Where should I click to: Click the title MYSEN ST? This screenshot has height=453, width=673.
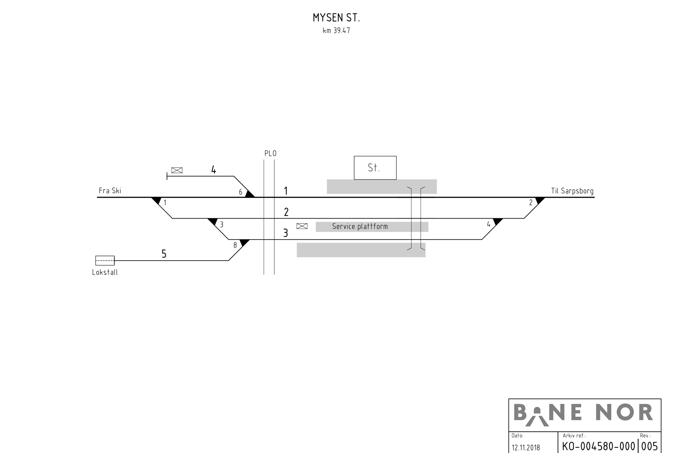[336, 18]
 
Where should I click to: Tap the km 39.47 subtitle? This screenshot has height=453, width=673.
[336, 31]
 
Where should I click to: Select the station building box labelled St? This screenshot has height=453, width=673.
[375, 168]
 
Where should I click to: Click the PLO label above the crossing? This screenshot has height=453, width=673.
[270, 153]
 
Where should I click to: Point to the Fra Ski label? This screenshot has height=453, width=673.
[110, 191]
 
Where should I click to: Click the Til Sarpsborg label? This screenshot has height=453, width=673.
[572, 191]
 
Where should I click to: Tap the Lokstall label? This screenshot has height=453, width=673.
[105, 272]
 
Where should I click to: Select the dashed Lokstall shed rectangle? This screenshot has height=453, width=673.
[105, 261]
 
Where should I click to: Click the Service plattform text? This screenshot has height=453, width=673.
[360, 226]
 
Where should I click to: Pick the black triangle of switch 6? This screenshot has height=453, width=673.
[250, 194]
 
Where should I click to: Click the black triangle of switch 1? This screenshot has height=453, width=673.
[156, 200]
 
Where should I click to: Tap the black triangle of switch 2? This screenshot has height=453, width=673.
[540, 200]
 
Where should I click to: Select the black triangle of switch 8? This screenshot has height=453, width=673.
[244, 242]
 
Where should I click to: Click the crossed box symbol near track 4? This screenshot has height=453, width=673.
[177, 170]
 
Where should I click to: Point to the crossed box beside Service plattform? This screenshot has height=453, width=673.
[302, 226]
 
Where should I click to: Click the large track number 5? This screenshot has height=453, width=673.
[164, 254]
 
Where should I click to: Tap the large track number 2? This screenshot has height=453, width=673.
[286, 212]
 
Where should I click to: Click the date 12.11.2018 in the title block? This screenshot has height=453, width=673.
[526, 448]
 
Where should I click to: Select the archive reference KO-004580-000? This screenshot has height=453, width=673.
[599, 446]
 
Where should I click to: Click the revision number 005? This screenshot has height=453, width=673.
[649, 446]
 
